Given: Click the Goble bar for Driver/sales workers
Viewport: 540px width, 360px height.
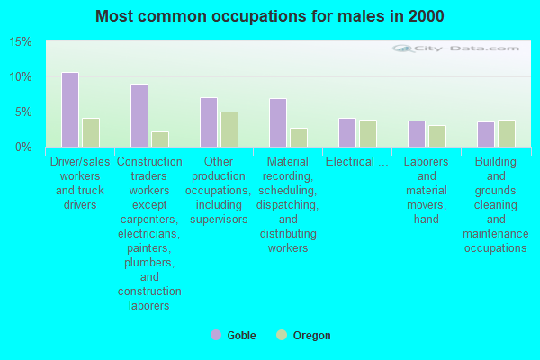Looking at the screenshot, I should (69, 110).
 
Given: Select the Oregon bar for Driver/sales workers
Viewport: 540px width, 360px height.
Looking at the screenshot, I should (91, 132).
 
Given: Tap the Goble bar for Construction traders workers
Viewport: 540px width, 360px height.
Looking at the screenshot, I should (139, 115).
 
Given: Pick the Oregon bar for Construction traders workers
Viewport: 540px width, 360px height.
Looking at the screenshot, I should (160, 139).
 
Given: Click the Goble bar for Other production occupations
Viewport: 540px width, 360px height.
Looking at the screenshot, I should (208, 122).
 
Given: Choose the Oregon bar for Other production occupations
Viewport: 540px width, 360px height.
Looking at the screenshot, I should (229, 130).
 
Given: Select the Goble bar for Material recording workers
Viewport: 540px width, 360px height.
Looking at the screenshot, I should (277, 122).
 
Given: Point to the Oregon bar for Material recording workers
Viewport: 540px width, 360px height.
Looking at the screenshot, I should (299, 137).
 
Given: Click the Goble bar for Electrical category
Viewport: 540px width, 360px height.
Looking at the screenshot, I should (346, 132).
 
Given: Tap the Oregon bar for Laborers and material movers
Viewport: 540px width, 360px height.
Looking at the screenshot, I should (437, 136).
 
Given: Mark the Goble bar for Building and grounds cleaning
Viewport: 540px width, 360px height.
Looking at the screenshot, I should (485, 134).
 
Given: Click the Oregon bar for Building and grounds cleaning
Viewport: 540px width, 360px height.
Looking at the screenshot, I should (507, 133).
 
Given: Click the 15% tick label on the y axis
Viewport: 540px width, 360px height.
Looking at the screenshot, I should (21, 42).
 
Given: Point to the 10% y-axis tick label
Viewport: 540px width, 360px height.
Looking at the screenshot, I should (21, 77).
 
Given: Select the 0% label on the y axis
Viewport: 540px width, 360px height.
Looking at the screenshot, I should (23, 147).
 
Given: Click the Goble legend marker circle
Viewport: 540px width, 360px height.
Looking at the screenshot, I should (216, 335).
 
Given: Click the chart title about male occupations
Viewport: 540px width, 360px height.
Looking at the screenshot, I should (270, 16).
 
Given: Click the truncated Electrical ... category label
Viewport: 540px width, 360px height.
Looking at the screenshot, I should (357, 162).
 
